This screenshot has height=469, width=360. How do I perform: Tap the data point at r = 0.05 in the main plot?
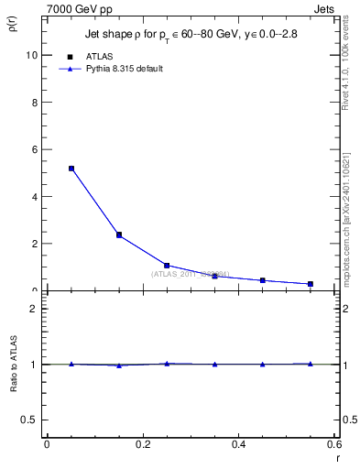[x=71, y=169]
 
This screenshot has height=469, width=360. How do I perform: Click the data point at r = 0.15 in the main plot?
[x=119, y=235]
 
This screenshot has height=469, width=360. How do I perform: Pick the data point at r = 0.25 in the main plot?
[x=167, y=266]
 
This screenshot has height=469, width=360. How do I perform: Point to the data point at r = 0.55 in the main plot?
[x=311, y=284]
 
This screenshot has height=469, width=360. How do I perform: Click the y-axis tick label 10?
[x=32, y=55]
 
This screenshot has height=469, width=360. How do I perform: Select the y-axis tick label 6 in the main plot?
[x=35, y=149]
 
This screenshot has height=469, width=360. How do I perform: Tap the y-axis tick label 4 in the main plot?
[x=35, y=197]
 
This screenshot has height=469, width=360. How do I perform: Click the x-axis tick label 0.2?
[x=142, y=444]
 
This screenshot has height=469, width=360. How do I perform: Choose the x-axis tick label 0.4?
[x=238, y=444]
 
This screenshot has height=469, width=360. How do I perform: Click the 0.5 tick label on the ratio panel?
[x=31, y=420]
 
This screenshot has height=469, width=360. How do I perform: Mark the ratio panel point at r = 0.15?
[x=119, y=365]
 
